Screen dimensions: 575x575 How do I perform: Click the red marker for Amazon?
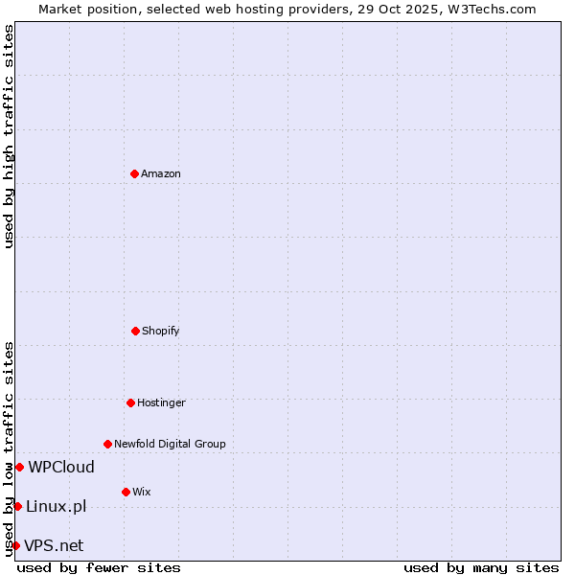[134, 173]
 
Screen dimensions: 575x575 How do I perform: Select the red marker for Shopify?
[135, 331]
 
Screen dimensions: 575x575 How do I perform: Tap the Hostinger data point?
[130, 402]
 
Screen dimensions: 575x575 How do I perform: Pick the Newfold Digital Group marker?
[107, 444]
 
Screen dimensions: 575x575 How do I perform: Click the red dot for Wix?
[126, 492]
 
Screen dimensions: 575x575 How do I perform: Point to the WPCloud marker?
[19, 467]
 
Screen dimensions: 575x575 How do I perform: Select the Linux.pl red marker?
[17, 506]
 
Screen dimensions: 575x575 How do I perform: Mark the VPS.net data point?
[15, 545]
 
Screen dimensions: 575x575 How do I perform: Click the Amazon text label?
[161, 173]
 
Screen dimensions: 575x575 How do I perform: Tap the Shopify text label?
[161, 331]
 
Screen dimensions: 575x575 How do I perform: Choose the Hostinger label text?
[161, 402]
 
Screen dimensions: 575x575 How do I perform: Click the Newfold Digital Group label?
[171, 444]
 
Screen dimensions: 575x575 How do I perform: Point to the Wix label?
[142, 492]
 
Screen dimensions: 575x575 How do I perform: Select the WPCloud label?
[61, 467]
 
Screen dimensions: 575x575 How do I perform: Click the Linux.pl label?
[57, 506]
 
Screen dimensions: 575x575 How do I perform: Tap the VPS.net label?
[54, 545]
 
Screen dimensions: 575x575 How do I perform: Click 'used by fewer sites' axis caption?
[99, 567]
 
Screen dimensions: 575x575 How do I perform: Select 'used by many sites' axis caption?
[481, 567]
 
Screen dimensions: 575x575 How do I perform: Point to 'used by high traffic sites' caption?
[9, 136]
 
